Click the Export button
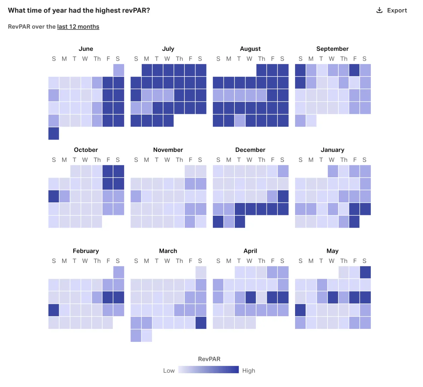point(392,10)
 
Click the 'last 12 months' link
point(78,27)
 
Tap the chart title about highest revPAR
point(79,11)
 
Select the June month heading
point(86,49)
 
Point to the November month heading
point(168,150)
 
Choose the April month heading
point(250,251)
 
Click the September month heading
point(332,49)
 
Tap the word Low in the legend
point(169,370)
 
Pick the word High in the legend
point(249,370)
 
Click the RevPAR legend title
point(209,359)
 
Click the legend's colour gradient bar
point(208,370)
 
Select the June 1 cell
point(119,70)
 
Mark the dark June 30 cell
point(54,134)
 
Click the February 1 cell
point(119,272)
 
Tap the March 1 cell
point(201,272)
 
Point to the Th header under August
point(262,59)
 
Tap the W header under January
point(332,160)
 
